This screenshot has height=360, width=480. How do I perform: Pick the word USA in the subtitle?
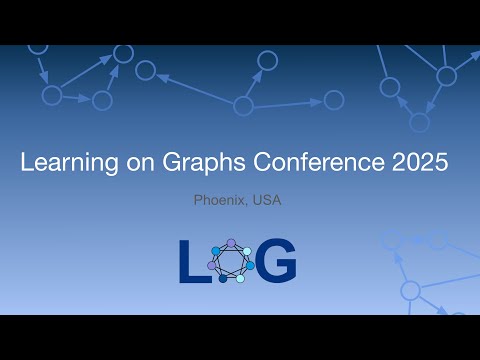tap(267, 201)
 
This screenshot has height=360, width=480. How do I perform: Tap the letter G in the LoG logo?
tap(276, 262)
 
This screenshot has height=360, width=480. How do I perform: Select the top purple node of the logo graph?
tap(232, 243)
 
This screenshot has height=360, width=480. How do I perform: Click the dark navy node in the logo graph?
tap(223, 278)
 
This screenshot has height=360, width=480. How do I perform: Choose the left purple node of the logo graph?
tap(213, 265)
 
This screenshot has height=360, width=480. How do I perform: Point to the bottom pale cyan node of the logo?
tap(240, 279)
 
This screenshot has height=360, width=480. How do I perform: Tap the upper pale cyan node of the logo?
tap(247, 251)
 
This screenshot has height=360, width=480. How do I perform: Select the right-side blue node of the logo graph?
tap(250, 266)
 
